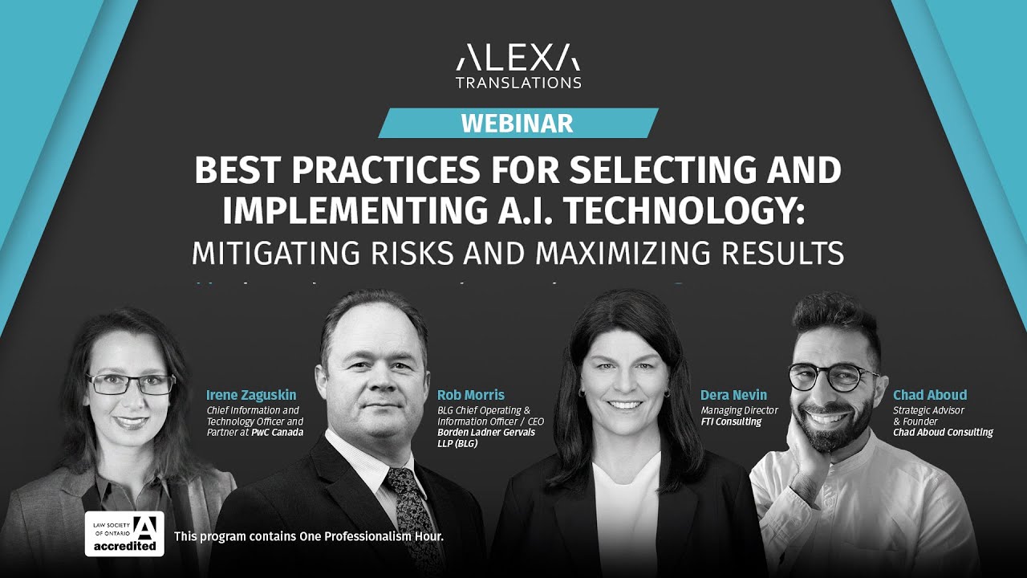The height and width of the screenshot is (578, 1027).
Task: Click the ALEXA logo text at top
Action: point(518,58)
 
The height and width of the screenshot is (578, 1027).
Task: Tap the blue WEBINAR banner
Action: point(518,123)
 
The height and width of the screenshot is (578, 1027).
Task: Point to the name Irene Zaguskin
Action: point(250,395)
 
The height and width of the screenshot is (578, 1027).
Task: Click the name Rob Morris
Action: point(470,395)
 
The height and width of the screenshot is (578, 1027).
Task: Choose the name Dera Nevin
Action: point(733,395)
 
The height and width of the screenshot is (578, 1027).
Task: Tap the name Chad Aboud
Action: point(929,395)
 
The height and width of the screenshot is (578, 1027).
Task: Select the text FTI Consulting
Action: point(730,421)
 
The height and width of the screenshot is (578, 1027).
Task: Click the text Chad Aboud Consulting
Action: point(943,433)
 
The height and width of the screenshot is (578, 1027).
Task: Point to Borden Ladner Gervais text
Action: point(485,433)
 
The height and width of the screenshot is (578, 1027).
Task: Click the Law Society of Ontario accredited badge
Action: point(124,534)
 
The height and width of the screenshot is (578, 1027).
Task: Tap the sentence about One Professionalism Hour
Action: point(308,535)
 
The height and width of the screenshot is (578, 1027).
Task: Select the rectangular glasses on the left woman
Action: point(131,384)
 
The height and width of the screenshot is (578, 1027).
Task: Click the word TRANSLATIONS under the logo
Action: point(518,82)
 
